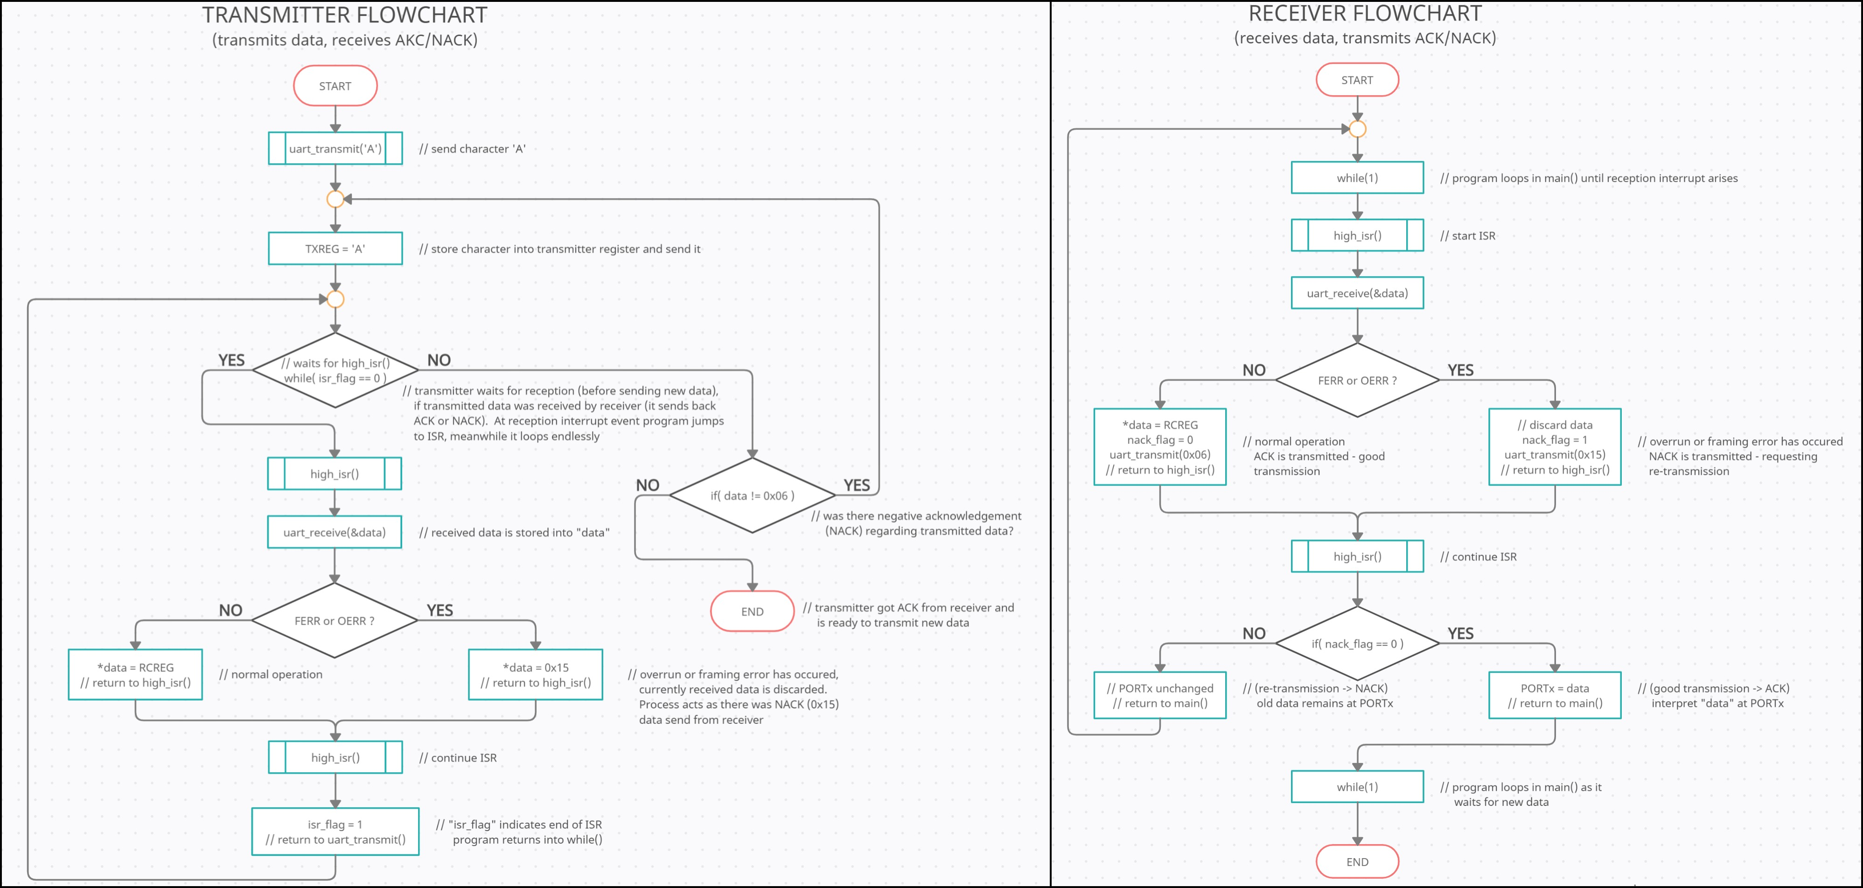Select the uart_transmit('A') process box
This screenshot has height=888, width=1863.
click(x=335, y=148)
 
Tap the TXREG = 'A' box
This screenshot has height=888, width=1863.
click(x=335, y=249)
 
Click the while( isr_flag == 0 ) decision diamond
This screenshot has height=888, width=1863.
click(x=335, y=370)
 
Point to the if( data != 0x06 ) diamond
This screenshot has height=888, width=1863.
click(x=752, y=495)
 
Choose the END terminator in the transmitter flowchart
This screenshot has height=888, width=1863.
click(x=752, y=611)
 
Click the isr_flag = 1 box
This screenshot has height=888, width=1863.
click(x=335, y=832)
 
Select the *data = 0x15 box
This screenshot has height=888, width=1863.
click(x=535, y=675)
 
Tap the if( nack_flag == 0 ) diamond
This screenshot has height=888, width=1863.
click(x=1357, y=644)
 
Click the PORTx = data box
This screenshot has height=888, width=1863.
click(x=1555, y=695)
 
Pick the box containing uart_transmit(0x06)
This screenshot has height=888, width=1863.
click(x=1160, y=447)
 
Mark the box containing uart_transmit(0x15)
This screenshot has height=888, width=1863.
click(x=1555, y=447)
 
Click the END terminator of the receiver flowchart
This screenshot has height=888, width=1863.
click(x=1357, y=862)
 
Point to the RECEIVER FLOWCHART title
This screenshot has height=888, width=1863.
click(x=1365, y=14)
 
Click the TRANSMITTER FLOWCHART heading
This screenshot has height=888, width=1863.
click(x=344, y=15)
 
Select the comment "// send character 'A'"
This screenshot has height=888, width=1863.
click(x=472, y=149)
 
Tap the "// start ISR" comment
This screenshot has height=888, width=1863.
click(x=1467, y=236)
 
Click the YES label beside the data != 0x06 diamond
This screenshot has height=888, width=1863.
click(x=857, y=485)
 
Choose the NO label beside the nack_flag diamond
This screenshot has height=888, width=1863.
click(x=1254, y=633)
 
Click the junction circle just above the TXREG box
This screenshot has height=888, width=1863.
click(x=335, y=199)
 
